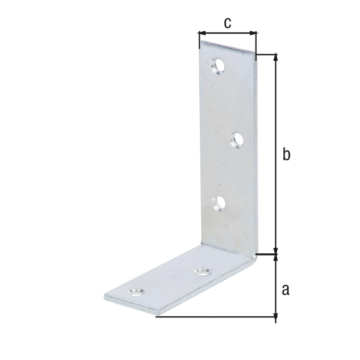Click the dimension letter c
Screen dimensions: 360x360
(227, 23)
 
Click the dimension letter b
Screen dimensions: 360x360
(286, 154)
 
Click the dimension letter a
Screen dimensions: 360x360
(286, 290)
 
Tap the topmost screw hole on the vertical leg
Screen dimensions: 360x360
(218, 66)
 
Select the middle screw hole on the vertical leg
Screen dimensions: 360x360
(236, 140)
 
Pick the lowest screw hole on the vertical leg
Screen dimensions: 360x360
(218, 203)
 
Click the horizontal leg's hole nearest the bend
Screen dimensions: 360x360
(203, 272)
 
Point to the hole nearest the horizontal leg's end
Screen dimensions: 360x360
(136, 292)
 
